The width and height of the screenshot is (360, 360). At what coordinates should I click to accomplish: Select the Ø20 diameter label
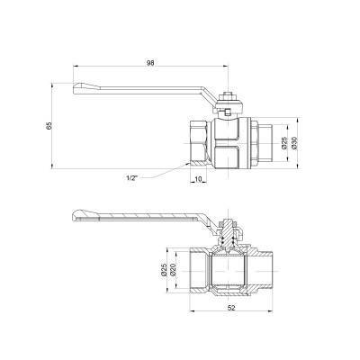point(173,270)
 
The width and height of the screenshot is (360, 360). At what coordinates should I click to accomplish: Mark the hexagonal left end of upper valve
point(197,139)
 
